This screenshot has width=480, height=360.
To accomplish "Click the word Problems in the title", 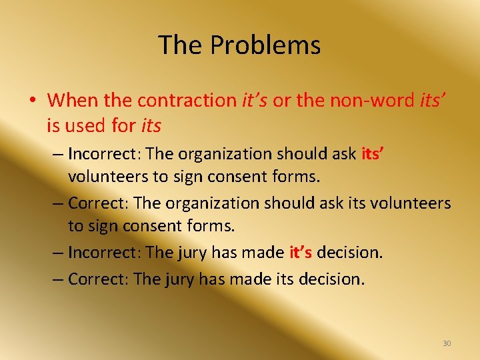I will pos(265,45).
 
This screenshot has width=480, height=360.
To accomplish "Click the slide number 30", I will pos(447,343).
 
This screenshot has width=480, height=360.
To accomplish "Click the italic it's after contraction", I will pos(255,100).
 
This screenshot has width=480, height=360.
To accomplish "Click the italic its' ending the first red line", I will pos(433,100).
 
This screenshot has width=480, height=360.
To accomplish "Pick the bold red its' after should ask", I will pos(372,153).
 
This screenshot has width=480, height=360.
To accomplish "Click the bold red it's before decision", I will pos(301,253).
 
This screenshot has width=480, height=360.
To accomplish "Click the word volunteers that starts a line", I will pos(110,177).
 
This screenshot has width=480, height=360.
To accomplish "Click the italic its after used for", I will pos(151,125).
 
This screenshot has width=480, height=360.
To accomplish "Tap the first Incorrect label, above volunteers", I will pos(103,153).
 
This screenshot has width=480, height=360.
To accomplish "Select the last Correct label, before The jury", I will pos(97,278).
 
